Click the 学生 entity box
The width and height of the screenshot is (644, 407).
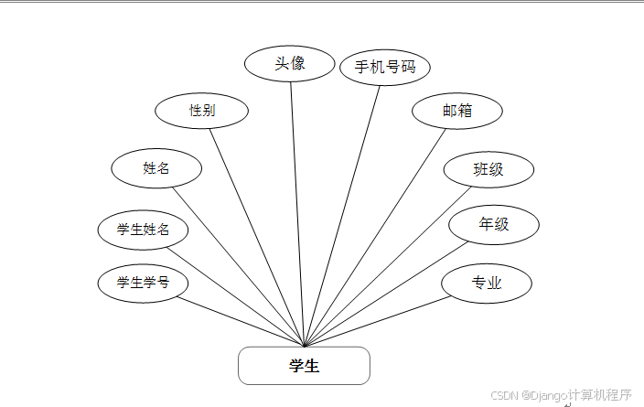304,366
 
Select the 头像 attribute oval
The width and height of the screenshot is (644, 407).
290,64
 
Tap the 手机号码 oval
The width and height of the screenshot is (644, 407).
385,67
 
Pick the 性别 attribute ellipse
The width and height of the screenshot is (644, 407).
202,111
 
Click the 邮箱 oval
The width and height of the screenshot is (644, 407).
457,111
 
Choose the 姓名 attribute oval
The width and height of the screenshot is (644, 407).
156,168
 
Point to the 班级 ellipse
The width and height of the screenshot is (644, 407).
488,169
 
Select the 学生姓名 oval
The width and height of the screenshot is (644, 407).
143,230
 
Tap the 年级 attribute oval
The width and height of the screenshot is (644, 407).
494,225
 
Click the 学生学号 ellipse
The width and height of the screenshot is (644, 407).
143,283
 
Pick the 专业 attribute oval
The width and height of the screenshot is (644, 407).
487,284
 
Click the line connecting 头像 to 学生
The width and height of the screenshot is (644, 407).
297,210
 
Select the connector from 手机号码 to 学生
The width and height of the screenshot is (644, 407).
343,210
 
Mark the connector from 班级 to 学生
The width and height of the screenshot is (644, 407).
389,265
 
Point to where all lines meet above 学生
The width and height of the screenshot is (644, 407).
304,346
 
